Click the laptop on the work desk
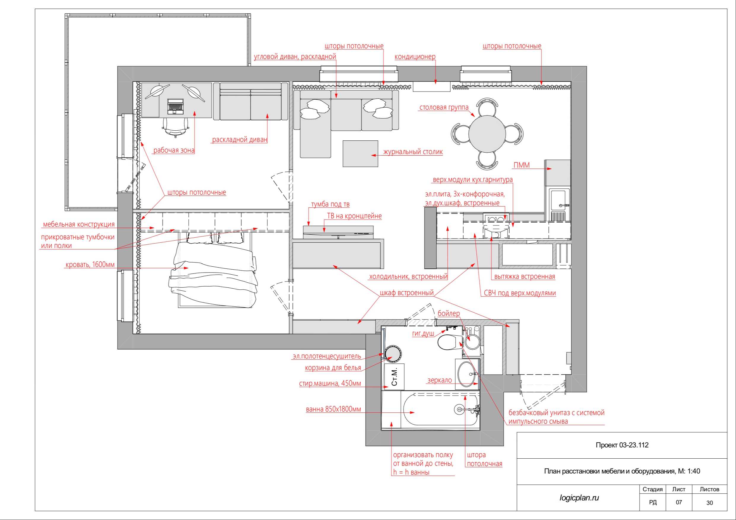176,106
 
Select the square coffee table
360,154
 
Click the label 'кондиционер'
415,57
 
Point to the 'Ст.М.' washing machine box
394,377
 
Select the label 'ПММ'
522,165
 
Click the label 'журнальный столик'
413,152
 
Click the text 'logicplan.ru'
579,497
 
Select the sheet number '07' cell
679,502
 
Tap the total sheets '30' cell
709,503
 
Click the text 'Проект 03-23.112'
622,445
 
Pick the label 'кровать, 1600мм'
90,265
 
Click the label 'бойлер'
449,313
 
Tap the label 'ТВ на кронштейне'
354,216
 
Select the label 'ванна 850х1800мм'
333,409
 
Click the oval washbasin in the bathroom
467,374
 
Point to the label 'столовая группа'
444,108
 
